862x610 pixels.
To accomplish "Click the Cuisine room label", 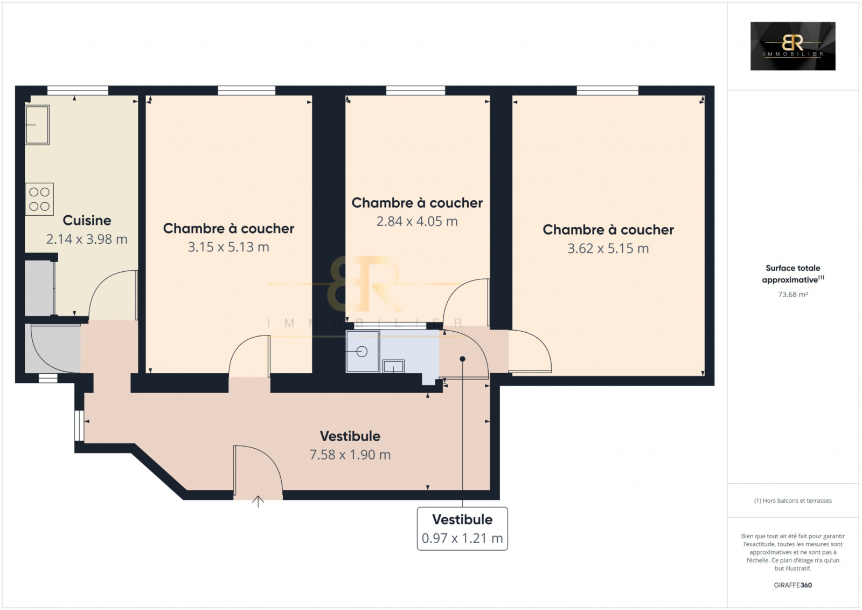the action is tap(87, 221).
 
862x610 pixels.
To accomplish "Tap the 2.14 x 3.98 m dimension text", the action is tap(87, 239).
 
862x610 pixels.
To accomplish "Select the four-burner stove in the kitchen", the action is tap(39, 199).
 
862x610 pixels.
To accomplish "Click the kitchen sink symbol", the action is tap(37, 125).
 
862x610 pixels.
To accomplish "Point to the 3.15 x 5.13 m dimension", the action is tap(228, 247).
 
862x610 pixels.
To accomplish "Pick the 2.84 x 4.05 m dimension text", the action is tap(417, 221).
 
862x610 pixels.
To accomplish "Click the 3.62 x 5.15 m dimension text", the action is tap(608, 249).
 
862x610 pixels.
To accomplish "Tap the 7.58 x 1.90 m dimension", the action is tap(350, 455).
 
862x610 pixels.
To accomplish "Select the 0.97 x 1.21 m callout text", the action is tap(462, 538).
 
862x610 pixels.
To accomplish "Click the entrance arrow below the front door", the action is tap(258, 502).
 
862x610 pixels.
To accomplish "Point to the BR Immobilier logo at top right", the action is tap(793, 46).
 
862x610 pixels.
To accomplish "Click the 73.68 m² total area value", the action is tap(793, 294).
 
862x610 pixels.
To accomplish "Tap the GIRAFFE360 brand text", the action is tap(793, 585).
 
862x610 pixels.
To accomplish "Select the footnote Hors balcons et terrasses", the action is tap(793, 501).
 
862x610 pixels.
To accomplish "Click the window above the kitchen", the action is tap(78, 91).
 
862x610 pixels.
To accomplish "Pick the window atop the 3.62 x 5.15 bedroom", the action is tap(607, 91).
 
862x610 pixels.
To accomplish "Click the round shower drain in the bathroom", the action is tap(362, 352).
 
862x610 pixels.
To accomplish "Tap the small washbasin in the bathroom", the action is tap(393, 366).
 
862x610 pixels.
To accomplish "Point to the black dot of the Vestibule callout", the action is tap(463, 359).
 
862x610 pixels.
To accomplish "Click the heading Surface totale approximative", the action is tap(793, 273).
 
